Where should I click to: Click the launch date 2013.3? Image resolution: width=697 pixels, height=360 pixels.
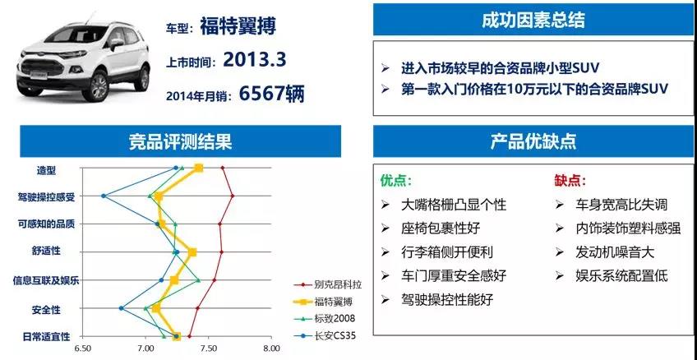click(254, 59)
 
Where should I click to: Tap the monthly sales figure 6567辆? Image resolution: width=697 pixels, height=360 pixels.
click(272, 94)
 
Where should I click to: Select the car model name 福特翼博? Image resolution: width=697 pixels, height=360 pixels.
click(238, 25)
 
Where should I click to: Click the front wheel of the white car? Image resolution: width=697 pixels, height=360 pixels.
click(96, 86)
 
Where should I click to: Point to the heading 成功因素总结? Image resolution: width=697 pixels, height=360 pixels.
click(533, 21)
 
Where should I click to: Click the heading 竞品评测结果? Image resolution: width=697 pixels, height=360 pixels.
click(181, 141)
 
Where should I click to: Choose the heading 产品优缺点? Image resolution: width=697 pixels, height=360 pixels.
click(533, 141)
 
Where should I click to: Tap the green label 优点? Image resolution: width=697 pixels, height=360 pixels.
click(395, 182)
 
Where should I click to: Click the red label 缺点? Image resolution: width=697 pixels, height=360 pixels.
click(570, 182)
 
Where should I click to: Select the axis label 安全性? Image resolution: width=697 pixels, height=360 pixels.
click(46, 309)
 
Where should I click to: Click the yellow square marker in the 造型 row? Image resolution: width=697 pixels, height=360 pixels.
click(199, 168)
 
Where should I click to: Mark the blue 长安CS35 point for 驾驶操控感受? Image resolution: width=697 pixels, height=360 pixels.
click(104, 196)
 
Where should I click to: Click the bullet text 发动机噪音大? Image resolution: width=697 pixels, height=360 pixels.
click(615, 252)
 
